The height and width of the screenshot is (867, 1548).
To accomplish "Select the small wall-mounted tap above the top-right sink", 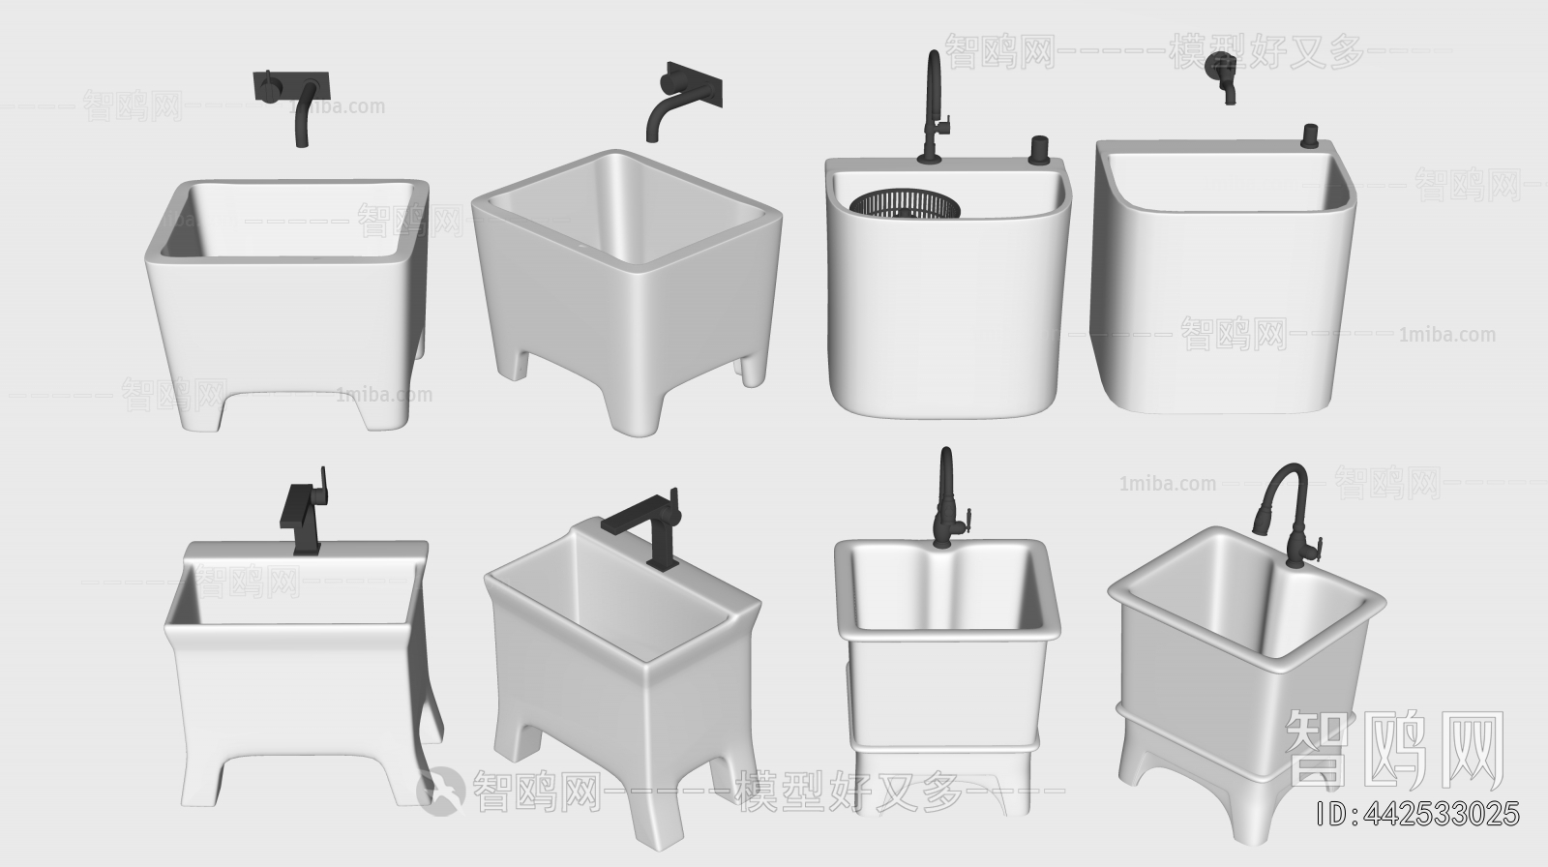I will (1223, 76).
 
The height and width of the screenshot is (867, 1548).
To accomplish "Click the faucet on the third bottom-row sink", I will (945, 501).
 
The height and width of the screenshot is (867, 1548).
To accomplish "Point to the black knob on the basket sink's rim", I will (1039, 149).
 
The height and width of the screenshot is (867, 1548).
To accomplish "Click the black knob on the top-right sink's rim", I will (1311, 135).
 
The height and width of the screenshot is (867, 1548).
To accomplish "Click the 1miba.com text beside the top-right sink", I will (1446, 336).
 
